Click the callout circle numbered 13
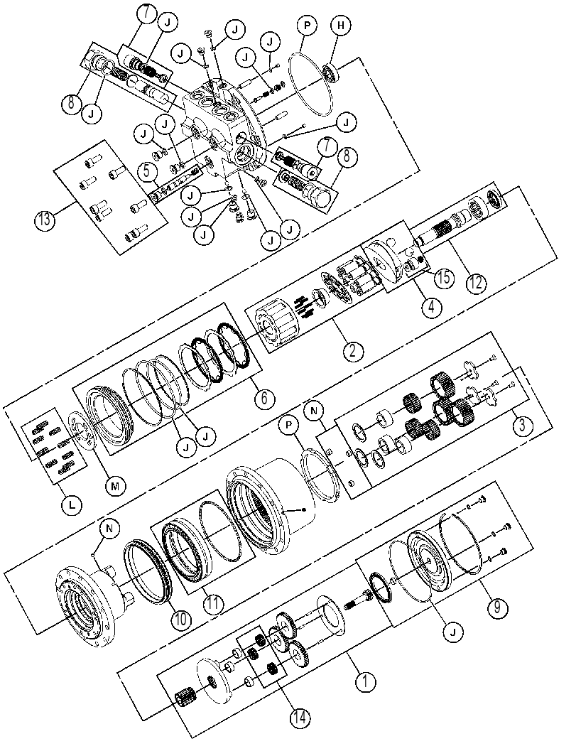pyautogui.click(x=45, y=220)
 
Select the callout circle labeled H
pyautogui.click(x=340, y=26)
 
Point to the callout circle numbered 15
pyautogui.click(x=444, y=277)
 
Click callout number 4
pyautogui.click(x=431, y=306)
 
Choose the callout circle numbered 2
pyautogui.click(x=353, y=351)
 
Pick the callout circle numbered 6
pyautogui.click(x=264, y=398)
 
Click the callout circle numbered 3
pyautogui.click(x=521, y=424)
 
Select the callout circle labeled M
pyautogui.click(x=115, y=486)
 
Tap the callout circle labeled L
pyautogui.click(x=72, y=504)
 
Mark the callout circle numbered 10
pyautogui.click(x=180, y=620)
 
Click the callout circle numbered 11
pyautogui.click(x=213, y=603)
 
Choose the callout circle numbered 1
pyautogui.click(x=366, y=681)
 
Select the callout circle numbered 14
pyautogui.click(x=300, y=718)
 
